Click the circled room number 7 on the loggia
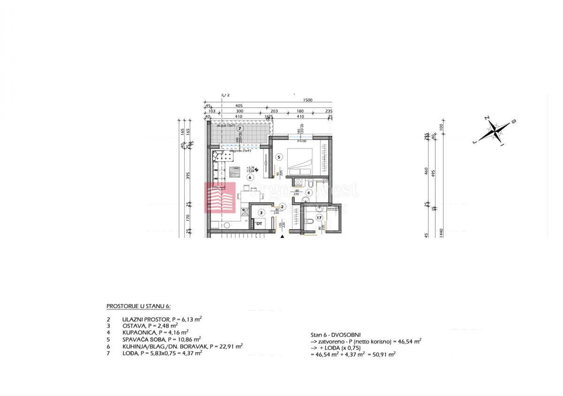pyautogui.click(x=240, y=128)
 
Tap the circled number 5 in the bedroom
pyautogui.click(x=279, y=157)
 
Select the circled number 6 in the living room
pyautogui.click(x=250, y=177)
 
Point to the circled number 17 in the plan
pyautogui.click(x=319, y=217)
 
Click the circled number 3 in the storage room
pyautogui.click(x=260, y=212)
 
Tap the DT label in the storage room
pyautogui.click(x=259, y=224)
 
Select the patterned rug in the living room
pyautogui.click(x=235, y=172)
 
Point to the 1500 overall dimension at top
pyautogui.click(x=308, y=100)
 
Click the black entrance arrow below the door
pyautogui.click(x=282, y=237)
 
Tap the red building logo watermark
pyautogui.click(x=219, y=197)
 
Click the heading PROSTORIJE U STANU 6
pyautogui.click(x=138, y=306)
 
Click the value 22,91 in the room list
pyautogui.click(x=226, y=346)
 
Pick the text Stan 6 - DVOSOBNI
pyautogui.click(x=335, y=335)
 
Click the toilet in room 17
pyautogui.click(x=309, y=221)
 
